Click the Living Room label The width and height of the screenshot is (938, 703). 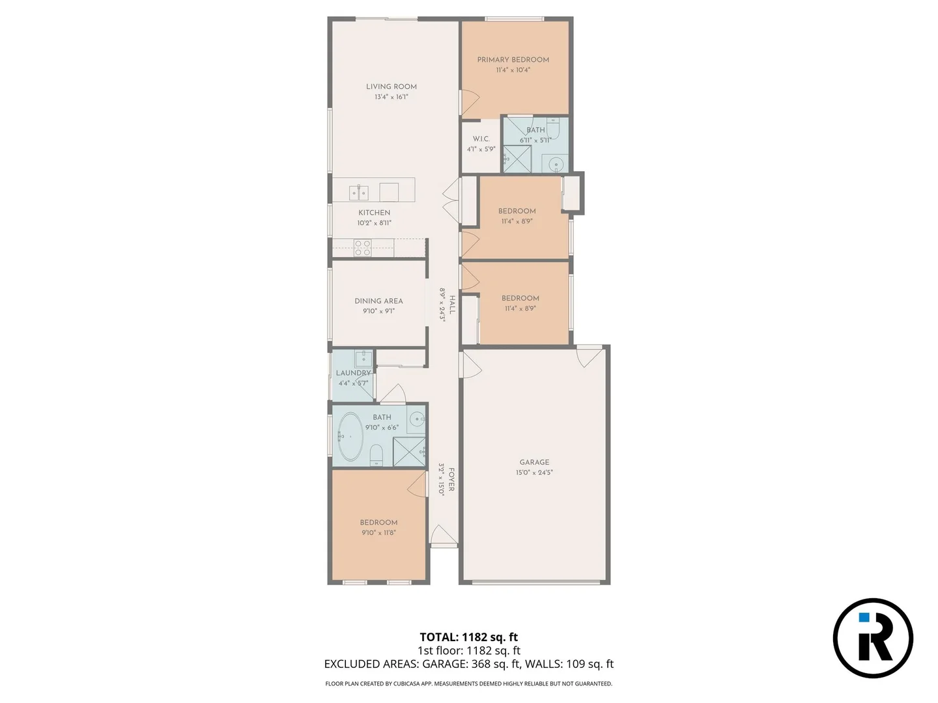tap(391, 87)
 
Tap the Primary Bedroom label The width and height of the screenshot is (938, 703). tap(513, 60)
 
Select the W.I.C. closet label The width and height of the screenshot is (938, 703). tap(481, 139)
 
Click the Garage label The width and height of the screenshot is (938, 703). tap(534, 463)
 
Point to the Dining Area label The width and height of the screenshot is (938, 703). tap(378, 301)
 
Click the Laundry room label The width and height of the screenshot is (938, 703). tap(353, 374)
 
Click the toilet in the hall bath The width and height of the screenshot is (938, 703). tap(376, 453)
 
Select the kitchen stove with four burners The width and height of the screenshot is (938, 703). tap(362, 248)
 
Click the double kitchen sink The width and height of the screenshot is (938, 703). tap(358, 192)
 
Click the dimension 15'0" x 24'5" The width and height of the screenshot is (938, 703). tap(534, 473)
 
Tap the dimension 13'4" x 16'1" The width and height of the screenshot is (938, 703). tap(391, 97)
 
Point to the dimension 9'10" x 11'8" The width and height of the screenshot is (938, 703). tap(378, 532)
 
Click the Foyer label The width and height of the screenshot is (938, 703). tap(451, 479)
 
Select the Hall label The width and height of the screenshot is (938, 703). tap(451, 305)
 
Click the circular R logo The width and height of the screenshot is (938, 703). tap(873, 638)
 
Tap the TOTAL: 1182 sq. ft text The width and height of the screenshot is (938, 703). tap(468, 637)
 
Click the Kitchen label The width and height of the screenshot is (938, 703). tap(374, 213)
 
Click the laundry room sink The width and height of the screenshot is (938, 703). tap(363, 359)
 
